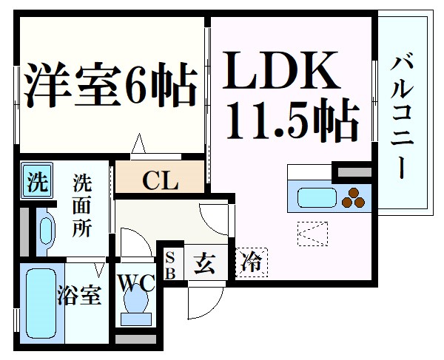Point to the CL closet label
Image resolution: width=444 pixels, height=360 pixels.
click(x=159, y=180)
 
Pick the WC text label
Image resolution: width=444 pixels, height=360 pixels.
click(x=135, y=282)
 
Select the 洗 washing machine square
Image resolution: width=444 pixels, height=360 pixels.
click(x=35, y=180)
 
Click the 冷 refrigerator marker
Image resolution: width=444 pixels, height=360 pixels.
click(x=252, y=262)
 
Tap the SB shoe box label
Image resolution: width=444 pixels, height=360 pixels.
click(x=170, y=263)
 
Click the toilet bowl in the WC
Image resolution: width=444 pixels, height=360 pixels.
click(x=136, y=304)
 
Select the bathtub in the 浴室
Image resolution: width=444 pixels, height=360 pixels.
click(x=39, y=303)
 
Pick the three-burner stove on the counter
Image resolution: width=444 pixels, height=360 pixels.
click(x=352, y=197)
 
